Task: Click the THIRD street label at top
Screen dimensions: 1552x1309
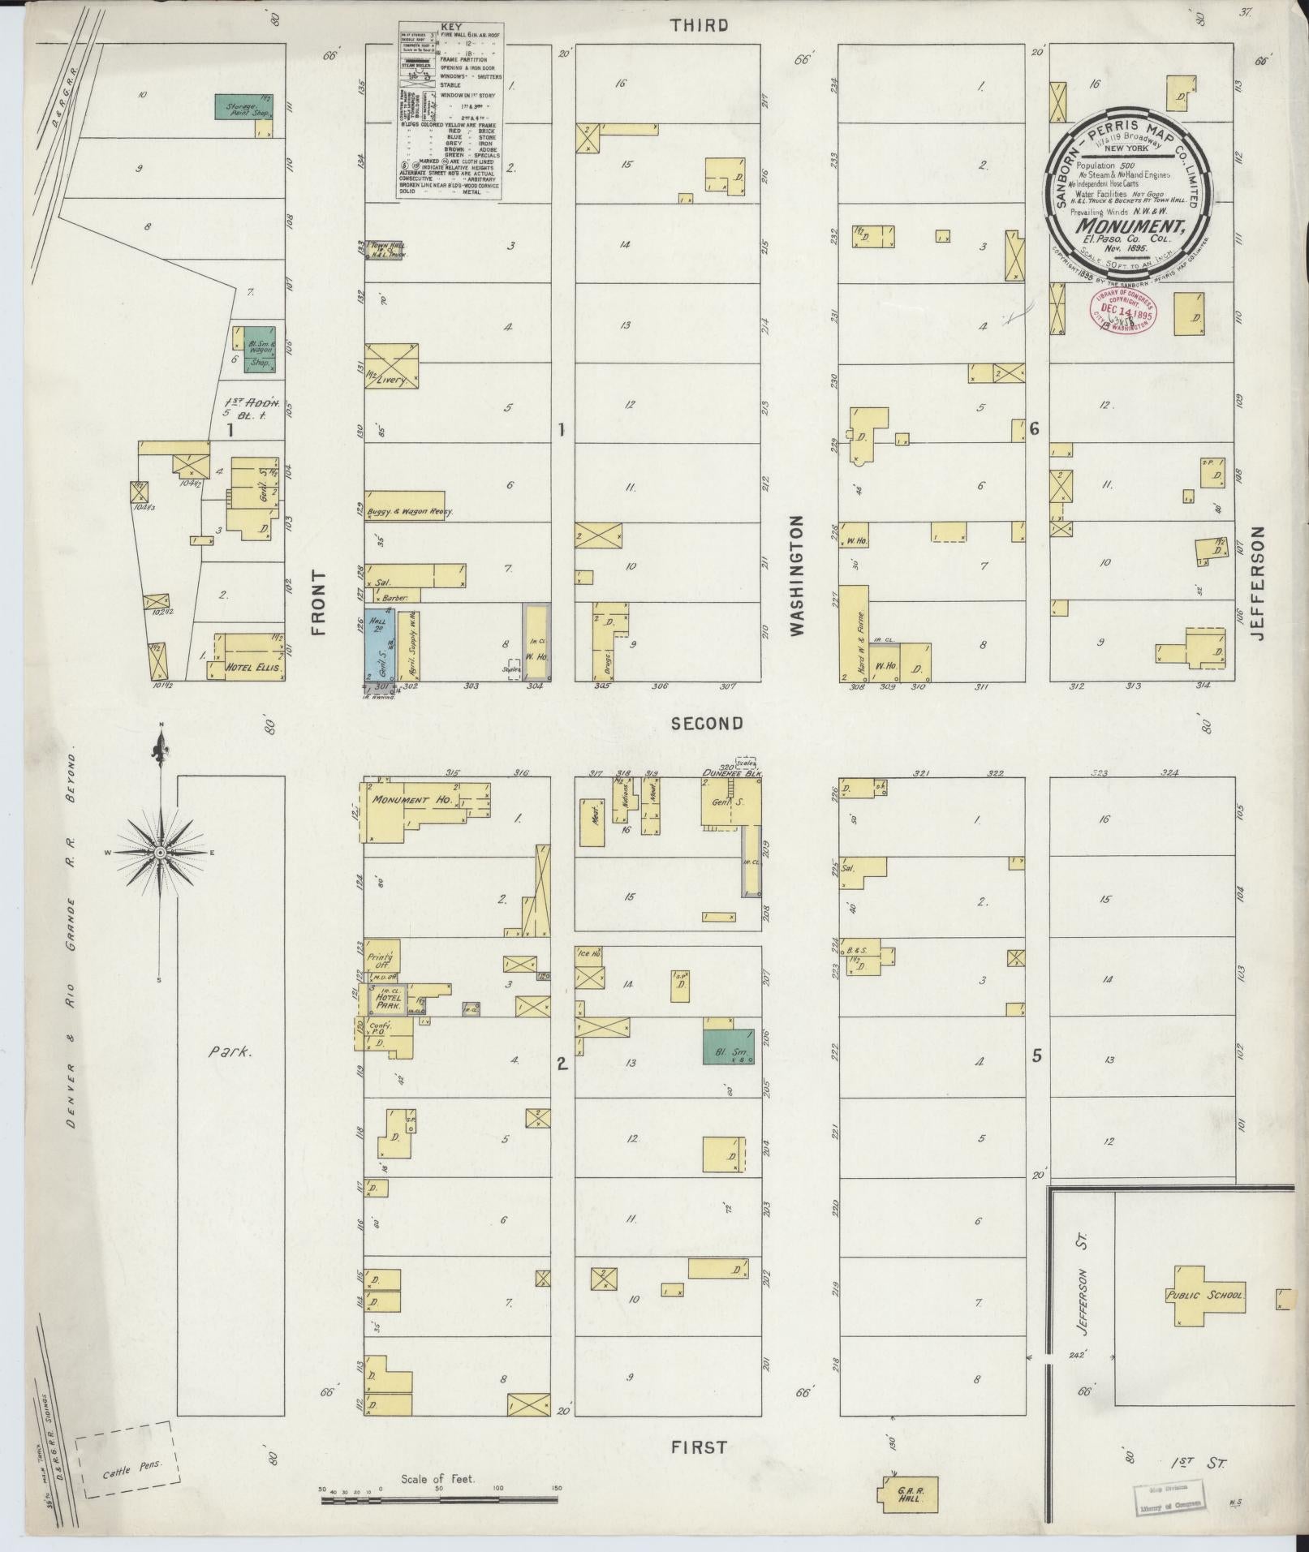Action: pos(699,25)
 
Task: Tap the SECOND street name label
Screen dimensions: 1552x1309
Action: pos(707,724)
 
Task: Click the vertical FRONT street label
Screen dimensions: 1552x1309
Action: pos(317,601)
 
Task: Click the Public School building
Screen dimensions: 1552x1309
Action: pos(1204,1296)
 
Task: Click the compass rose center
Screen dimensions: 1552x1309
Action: pos(161,853)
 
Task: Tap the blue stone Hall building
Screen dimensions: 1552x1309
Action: pos(380,643)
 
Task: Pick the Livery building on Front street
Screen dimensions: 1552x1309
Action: pos(392,366)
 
